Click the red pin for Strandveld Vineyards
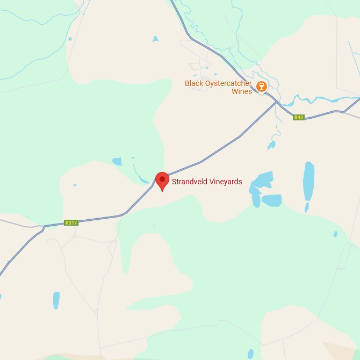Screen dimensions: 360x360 pyautogui.click(x=162, y=180)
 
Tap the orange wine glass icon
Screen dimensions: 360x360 pyautogui.click(x=262, y=87)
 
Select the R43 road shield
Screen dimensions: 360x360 pyautogui.click(x=299, y=117)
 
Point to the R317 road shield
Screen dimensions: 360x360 pyautogui.click(x=71, y=222)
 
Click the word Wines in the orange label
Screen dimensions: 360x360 pyautogui.click(x=242, y=91)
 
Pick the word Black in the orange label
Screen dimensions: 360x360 pyautogui.click(x=194, y=83)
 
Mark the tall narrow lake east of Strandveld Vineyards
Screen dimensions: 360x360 pyautogui.click(x=309, y=181)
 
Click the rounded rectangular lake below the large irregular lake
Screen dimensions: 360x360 pyautogui.click(x=272, y=200)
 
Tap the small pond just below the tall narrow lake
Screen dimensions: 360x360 pyautogui.click(x=307, y=207)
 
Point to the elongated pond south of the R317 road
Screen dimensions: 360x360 pyautogui.click(x=56, y=300)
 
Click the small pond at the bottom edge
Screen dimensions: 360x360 pyautogui.click(x=250, y=354)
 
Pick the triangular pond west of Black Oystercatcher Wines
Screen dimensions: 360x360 pyautogui.click(x=155, y=39)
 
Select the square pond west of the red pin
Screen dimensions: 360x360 pyautogui.click(x=117, y=161)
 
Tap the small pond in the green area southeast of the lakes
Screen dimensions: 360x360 pyautogui.click(x=335, y=234)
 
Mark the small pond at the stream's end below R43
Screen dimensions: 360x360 pyautogui.click(x=271, y=145)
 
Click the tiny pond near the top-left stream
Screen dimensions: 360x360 pyautogui.click(x=70, y=39)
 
